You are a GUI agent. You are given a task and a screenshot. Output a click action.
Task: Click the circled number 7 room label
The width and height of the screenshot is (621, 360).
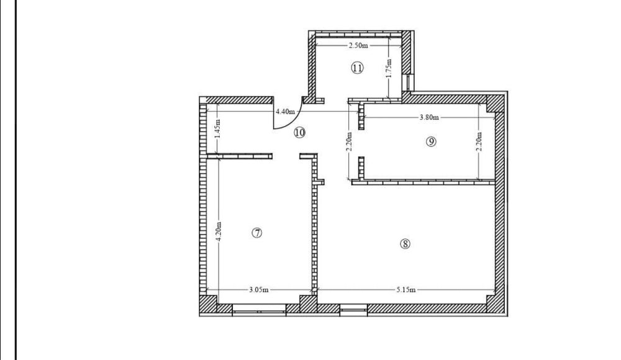(x=257, y=233)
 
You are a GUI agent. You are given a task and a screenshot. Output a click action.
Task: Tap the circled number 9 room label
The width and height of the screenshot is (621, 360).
(x=431, y=142)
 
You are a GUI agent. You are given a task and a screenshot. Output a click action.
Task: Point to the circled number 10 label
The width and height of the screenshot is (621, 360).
(x=300, y=132)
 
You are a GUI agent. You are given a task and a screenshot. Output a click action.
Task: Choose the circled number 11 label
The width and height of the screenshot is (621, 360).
(x=357, y=68)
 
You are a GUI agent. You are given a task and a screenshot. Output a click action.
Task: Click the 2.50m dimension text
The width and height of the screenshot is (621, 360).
(x=358, y=45)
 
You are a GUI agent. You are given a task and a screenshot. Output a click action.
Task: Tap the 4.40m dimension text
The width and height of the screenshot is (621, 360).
(x=285, y=112)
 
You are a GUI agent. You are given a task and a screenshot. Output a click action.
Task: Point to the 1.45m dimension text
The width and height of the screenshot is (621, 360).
(x=217, y=128)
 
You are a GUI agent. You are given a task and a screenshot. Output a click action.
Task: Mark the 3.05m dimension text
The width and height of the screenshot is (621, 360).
(x=258, y=289)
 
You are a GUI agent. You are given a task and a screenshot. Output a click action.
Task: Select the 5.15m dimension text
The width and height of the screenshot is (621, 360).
(x=406, y=289)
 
